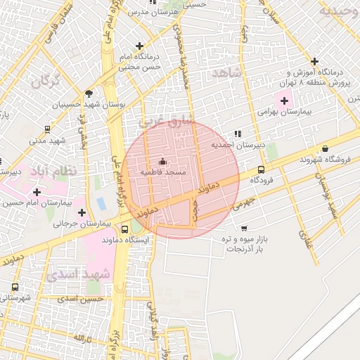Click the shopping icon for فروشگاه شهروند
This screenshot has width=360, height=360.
tap(325, 148)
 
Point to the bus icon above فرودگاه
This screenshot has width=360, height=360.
tap(262, 169)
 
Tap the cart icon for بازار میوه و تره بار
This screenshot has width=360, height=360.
tap(243, 229)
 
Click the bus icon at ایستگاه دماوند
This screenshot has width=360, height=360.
tap(124, 229)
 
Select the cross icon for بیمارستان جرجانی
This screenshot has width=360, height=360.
tap(82, 212)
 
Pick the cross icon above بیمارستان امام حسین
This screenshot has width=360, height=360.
tap(37, 191)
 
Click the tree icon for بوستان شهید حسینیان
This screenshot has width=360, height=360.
tap(88, 93)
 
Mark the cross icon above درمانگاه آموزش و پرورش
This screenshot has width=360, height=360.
tap(315, 61)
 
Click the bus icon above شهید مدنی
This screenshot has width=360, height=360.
tap(47, 129)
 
